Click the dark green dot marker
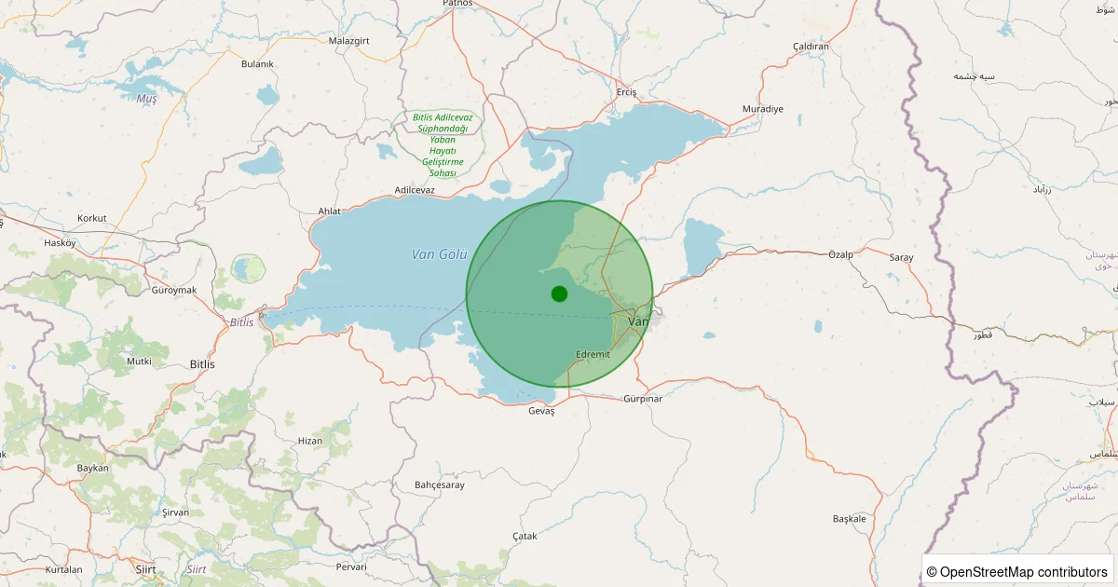point(559,294)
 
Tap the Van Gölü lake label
point(439,254)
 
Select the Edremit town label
point(593,354)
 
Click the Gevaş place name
point(540,411)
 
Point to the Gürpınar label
point(643,399)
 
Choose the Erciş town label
point(626,92)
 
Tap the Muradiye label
point(762,109)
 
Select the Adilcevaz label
point(415,190)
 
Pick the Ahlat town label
point(329,212)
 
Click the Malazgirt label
point(350,41)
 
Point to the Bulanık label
point(257,63)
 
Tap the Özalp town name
point(840,254)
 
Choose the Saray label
point(901,257)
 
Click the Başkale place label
point(850,519)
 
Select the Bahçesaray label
point(439,485)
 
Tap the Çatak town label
point(525,536)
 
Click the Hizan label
point(309,441)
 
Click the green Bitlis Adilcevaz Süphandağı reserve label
point(443,145)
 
